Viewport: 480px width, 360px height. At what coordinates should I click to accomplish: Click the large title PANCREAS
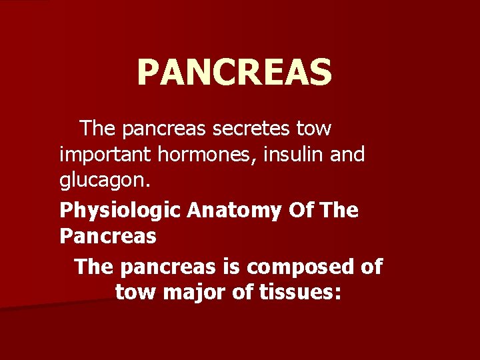click(x=234, y=73)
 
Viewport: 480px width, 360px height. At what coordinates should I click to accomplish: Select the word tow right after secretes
click(x=313, y=127)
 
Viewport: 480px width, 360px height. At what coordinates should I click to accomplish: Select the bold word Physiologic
click(x=121, y=211)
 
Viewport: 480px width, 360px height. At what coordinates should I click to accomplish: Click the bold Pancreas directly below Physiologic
click(x=108, y=236)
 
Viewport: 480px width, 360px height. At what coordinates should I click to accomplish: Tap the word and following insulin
click(x=348, y=155)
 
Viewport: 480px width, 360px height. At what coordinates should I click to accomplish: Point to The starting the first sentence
click(x=97, y=127)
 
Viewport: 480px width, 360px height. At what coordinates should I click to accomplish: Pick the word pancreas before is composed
click(x=169, y=267)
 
